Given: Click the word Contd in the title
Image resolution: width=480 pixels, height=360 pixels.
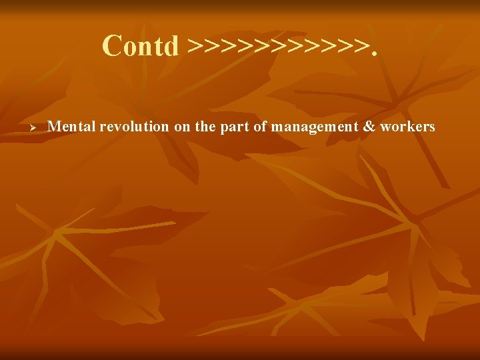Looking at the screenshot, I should tap(141, 46).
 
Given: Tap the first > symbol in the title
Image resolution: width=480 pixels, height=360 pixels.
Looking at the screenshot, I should tap(195, 47).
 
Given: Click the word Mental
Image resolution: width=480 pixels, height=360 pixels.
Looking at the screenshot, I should tap(73, 126).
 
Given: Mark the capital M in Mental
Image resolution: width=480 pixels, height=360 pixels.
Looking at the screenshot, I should tap(55, 126).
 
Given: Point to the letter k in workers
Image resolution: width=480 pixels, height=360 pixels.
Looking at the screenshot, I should tap(407, 126).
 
